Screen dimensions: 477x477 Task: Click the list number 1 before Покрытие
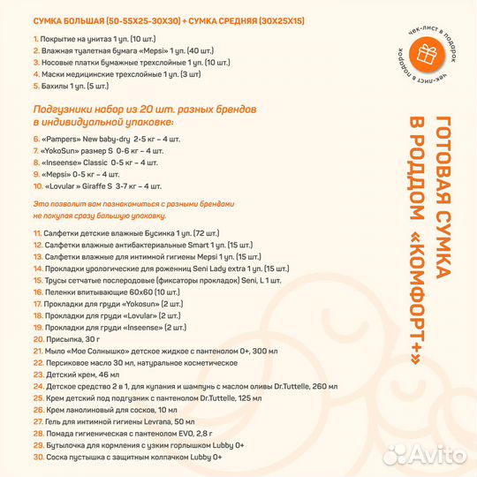35,40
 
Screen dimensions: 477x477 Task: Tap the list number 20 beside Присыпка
38,338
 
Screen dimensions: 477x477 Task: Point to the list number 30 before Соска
38,457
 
